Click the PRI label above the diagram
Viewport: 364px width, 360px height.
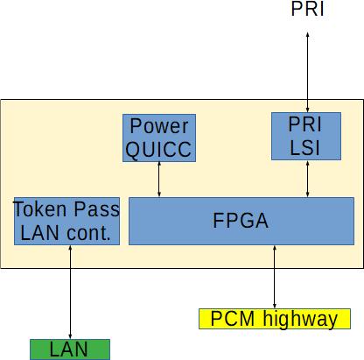pos(307,9)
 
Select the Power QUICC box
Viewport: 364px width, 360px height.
pos(159,138)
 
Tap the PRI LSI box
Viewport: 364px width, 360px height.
pos(306,136)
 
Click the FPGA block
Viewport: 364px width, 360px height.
pos(241,221)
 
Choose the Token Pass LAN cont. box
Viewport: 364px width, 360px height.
pos(66,221)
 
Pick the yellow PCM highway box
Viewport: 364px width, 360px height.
pos(275,319)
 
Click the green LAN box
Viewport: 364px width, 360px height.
pos(70,349)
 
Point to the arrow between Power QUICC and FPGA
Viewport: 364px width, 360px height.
pos(159,180)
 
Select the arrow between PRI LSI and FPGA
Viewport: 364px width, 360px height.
pos(307,179)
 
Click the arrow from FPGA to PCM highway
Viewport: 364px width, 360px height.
pos(275,277)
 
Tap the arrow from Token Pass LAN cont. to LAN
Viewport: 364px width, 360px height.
pos(70,292)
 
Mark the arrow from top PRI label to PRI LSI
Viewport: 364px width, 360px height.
pos(307,72)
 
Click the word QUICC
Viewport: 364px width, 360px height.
pos(158,150)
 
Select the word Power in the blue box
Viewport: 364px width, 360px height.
pos(159,126)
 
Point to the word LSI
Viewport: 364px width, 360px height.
pos(304,148)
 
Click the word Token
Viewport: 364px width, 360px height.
pos(40,209)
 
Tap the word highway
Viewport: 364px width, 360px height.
pos(300,320)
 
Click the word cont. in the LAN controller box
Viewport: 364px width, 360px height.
pos(88,233)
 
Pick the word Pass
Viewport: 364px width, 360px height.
pos(96,209)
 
